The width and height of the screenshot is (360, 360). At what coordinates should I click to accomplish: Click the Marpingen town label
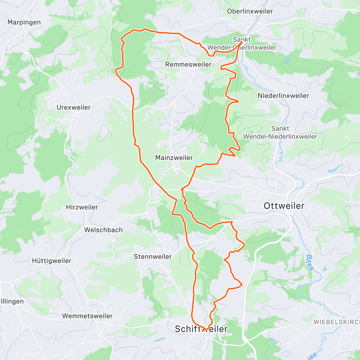pyautogui.click(x=24, y=22)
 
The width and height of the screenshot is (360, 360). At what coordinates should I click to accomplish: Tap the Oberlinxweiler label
pyautogui.click(x=250, y=11)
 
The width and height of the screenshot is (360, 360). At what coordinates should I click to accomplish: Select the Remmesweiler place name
pyautogui.click(x=188, y=64)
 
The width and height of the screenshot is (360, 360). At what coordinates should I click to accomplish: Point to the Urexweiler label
pyautogui.click(x=73, y=107)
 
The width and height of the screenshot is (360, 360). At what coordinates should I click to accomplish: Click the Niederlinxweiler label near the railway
pyautogui.click(x=283, y=96)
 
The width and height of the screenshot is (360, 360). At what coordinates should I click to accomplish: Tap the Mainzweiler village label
pyautogui.click(x=174, y=158)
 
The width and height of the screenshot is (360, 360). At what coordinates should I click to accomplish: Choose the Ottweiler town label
pyautogui.click(x=284, y=206)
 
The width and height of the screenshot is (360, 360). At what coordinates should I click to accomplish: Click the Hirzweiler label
pyautogui.click(x=82, y=207)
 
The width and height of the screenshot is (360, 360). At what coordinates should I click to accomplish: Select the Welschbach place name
pyautogui.click(x=103, y=230)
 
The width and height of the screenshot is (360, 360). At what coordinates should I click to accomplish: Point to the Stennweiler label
pyautogui.click(x=153, y=257)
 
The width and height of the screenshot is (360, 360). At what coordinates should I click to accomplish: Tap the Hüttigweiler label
pyautogui.click(x=52, y=261)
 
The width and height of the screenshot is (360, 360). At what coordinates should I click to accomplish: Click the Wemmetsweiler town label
pyautogui.click(x=87, y=316)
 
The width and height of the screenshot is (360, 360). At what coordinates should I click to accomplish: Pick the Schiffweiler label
pyautogui.click(x=201, y=329)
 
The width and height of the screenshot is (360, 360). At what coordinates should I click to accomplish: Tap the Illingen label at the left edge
pyautogui.click(x=12, y=301)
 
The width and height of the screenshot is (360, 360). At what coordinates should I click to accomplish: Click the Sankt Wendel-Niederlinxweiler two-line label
pyautogui.click(x=280, y=133)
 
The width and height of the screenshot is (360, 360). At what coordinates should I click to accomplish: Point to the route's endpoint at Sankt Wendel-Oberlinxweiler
pyautogui.click(x=242, y=42)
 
